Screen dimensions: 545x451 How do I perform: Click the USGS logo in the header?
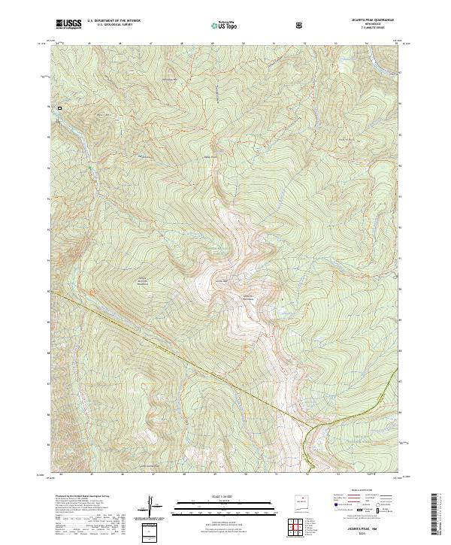[x=68, y=25]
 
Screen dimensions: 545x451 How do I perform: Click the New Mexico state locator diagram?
[x=298, y=502]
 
